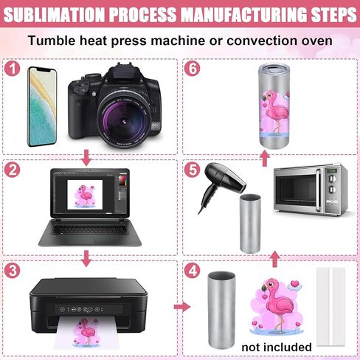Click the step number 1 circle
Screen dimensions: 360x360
[x=12, y=68]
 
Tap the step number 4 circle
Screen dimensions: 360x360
[x=192, y=271]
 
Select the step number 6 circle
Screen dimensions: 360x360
[x=192, y=68]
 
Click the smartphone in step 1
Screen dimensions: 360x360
[x=42, y=106]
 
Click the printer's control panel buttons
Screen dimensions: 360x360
[x=82, y=309]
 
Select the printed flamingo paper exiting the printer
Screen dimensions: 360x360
[x=86, y=333]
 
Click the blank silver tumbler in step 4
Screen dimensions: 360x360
[x=221, y=311]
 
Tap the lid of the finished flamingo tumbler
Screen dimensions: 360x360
[x=274, y=69]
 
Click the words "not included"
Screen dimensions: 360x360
[x=277, y=347]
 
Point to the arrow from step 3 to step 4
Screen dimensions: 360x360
[x=182, y=307]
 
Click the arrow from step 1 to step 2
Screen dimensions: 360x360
[x=86, y=158]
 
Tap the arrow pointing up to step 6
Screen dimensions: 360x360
[x=265, y=159]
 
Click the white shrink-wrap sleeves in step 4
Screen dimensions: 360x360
[x=331, y=307]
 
